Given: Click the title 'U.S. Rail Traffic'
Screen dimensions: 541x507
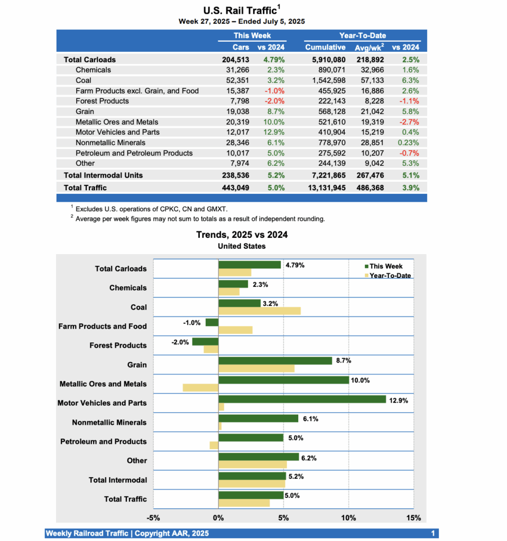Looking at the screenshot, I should [x=241, y=11].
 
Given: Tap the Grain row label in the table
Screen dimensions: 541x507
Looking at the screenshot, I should [x=85, y=111].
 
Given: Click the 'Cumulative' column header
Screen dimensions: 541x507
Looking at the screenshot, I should [x=325, y=47].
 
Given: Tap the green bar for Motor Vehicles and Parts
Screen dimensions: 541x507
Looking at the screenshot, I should [x=302, y=399].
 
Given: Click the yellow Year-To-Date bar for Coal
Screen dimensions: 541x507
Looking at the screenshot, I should [x=260, y=311].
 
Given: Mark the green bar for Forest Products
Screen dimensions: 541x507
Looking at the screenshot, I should [x=205, y=341].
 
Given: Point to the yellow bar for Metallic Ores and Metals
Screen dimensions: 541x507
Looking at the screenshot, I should [x=200, y=388].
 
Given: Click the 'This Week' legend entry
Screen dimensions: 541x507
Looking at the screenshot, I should [x=385, y=266].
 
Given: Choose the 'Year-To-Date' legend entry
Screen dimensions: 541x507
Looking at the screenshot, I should [x=390, y=276].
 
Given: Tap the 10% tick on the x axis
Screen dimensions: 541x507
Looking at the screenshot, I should [x=348, y=517].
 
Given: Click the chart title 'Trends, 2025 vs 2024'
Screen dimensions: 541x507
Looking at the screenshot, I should [x=242, y=235].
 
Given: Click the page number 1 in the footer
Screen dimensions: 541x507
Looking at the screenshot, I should [x=432, y=534].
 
